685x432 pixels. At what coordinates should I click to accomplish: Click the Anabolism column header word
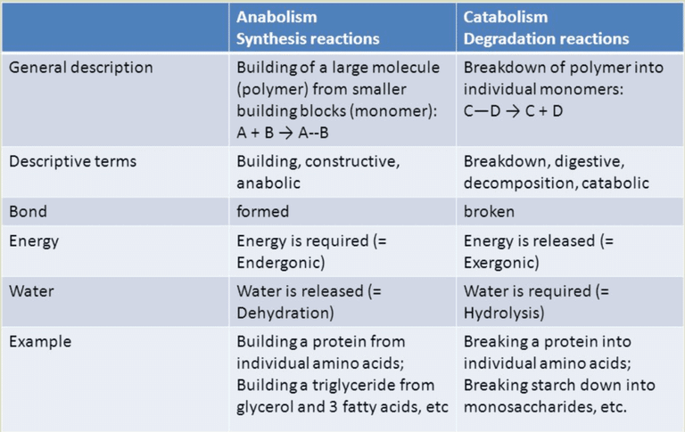tap(276, 17)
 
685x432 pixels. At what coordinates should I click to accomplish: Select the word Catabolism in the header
tap(506, 17)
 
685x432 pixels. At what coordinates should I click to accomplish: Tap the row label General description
tap(81, 68)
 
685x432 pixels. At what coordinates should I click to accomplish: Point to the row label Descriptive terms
tap(72, 161)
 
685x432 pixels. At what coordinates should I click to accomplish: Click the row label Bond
tap(28, 212)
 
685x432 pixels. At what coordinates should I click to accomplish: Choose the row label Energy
tap(34, 241)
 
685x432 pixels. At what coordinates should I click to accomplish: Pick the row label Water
tap(31, 291)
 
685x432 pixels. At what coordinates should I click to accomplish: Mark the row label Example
tap(40, 342)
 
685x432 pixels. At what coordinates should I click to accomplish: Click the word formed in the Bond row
tap(262, 212)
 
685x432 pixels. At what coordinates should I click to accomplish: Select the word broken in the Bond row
tap(489, 212)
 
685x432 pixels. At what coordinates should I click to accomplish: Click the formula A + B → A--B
tap(282, 133)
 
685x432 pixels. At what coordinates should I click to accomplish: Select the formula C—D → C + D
tap(514, 110)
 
